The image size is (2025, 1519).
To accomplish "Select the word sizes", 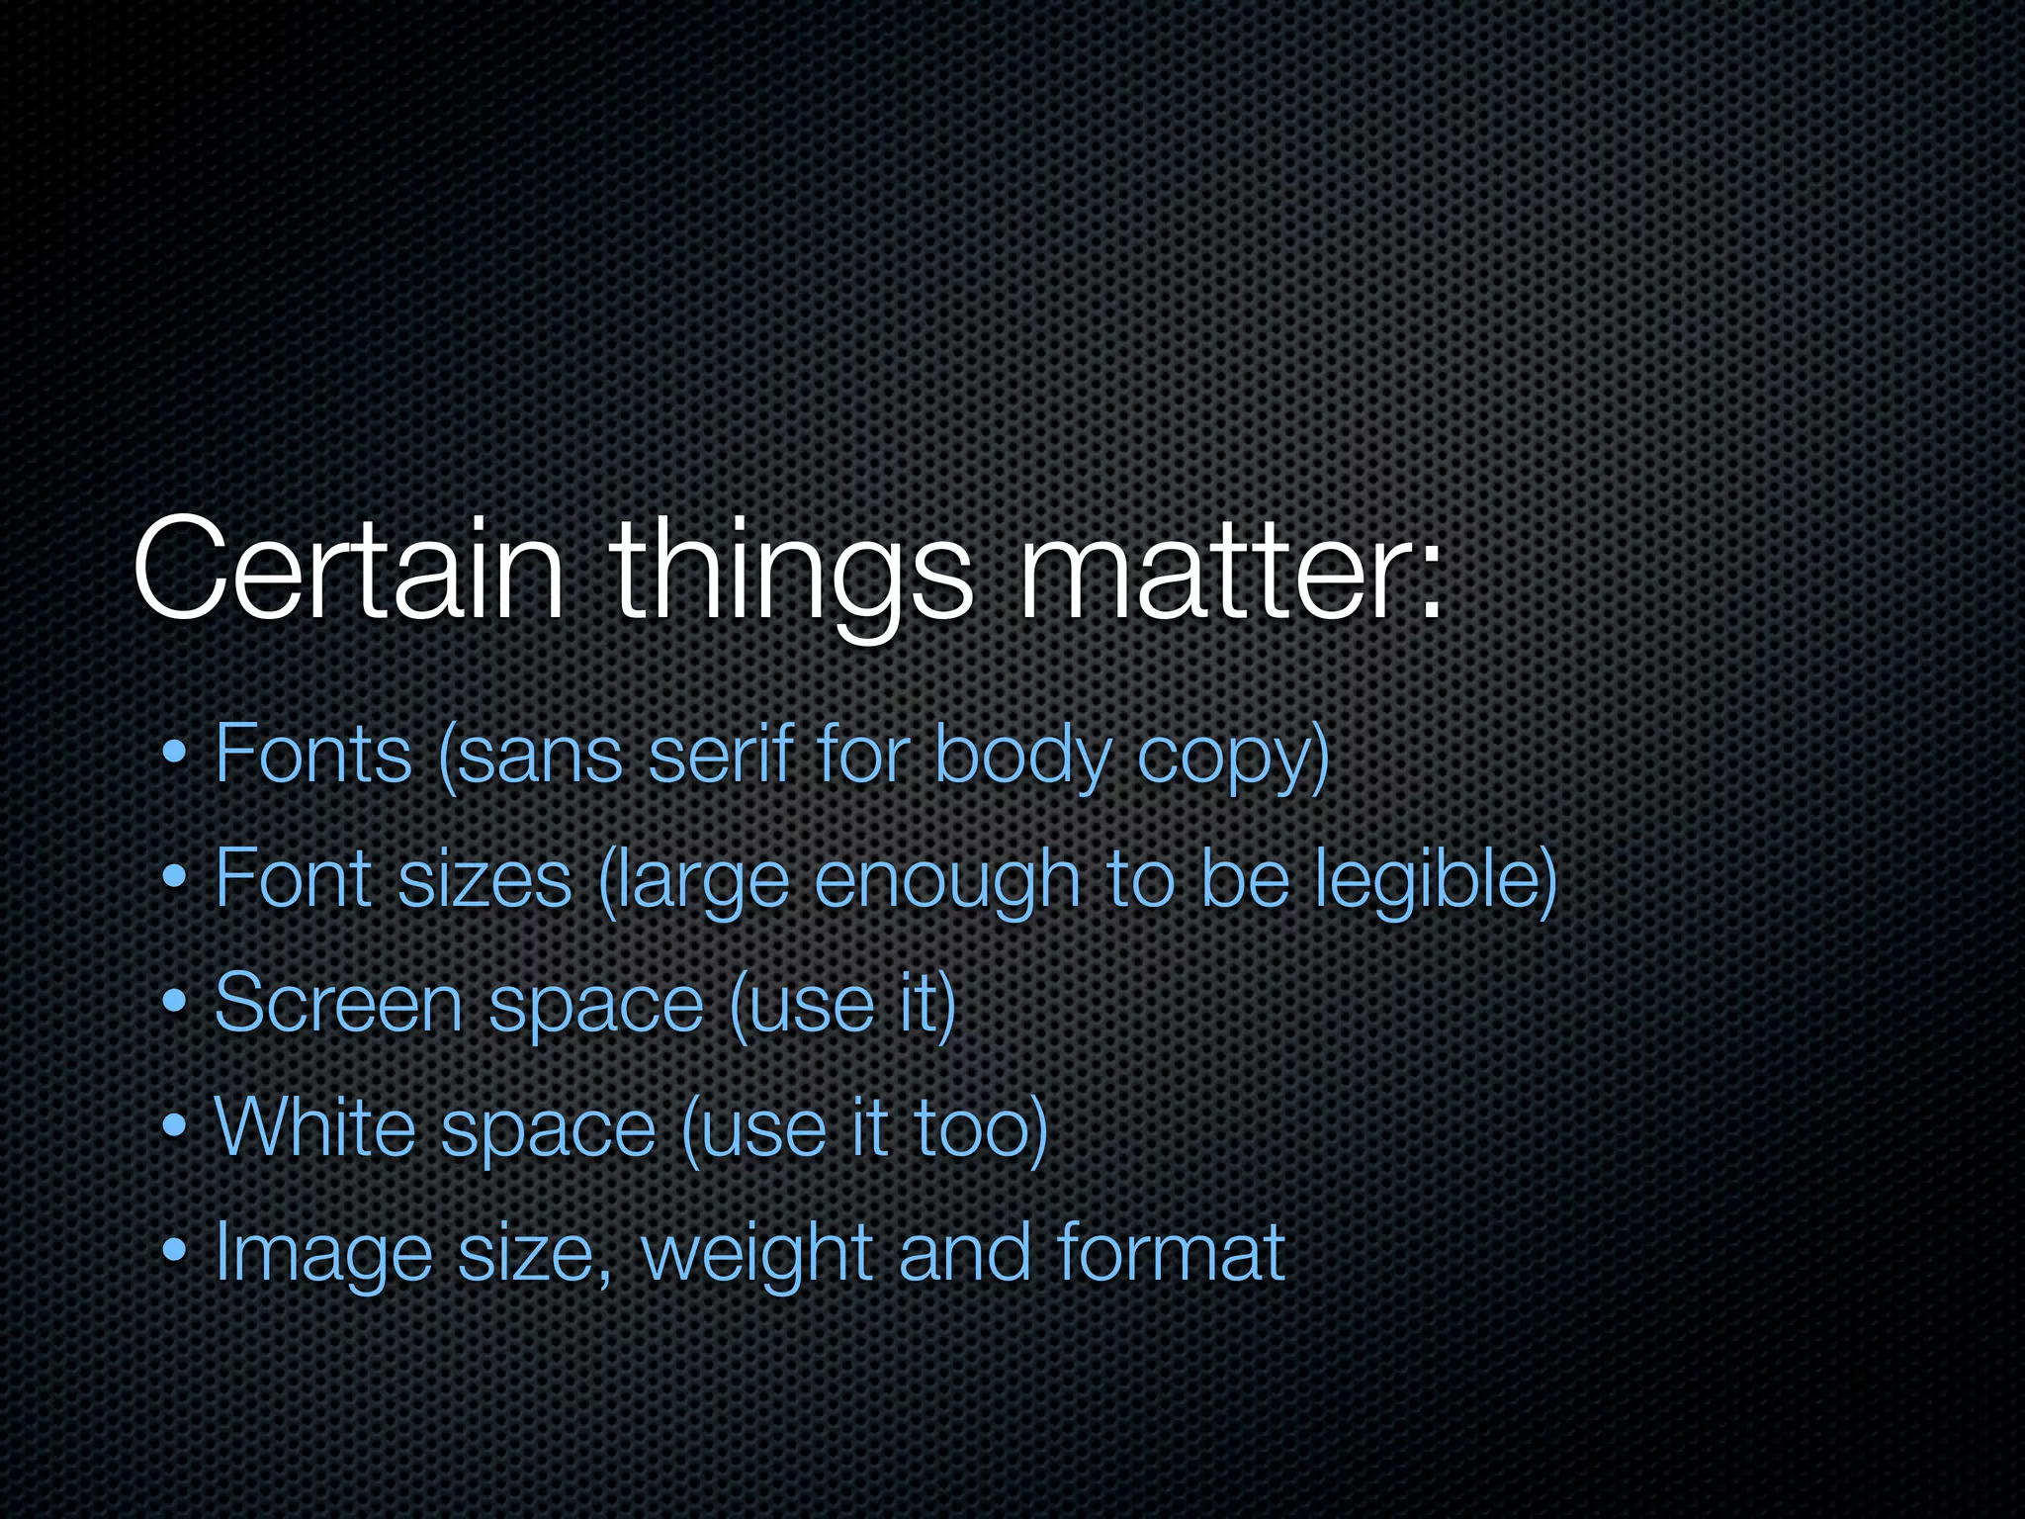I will click(x=484, y=880).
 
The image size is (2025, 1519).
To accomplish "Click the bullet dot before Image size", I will click(x=175, y=1252).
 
